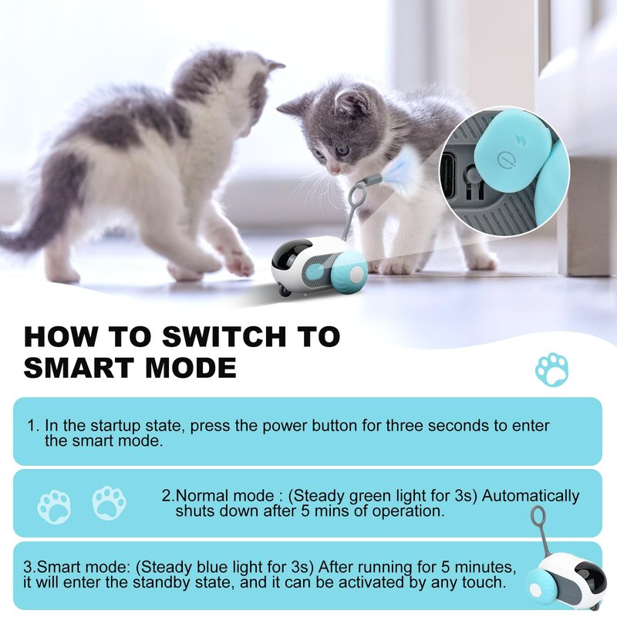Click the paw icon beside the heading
(551, 369)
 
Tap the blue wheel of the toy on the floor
(349, 271)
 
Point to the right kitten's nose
(334, 170)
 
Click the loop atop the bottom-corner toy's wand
(538, 516)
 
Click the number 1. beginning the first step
(33, 426)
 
